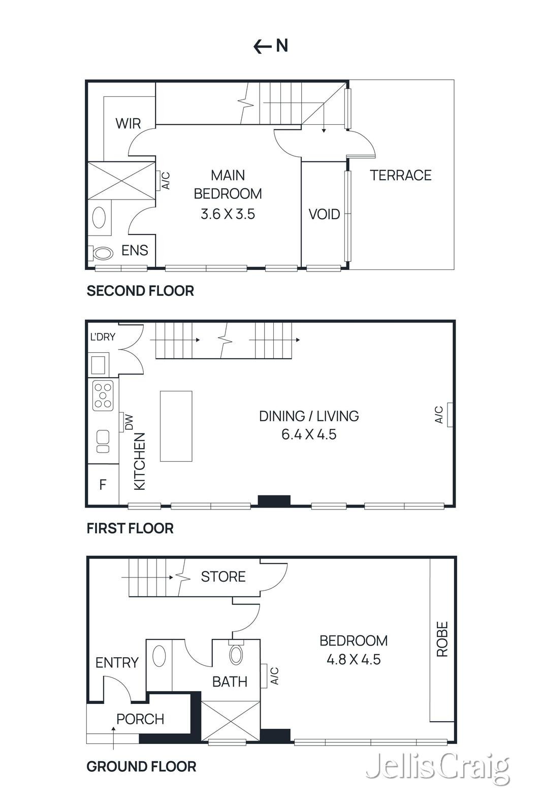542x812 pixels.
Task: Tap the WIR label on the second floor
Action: click(x=128, y=123)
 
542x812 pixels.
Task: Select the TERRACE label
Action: click(x=400, y=176)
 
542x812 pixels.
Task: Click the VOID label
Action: click(x=324, y=214)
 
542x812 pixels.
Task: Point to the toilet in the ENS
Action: click(x=102, y=253)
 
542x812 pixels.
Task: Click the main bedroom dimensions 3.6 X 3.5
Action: click(x=228, y=214)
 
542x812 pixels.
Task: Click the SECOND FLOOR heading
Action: click(x=140, y=291)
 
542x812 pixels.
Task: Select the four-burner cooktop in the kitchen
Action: click(x=103, y=395)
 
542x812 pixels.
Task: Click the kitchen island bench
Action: click(x=176, y=426)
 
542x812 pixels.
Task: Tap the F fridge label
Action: click(x=103, y=485)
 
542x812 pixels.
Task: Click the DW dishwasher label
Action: click(x=129, y=422)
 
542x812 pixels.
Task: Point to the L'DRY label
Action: click(x=103, y=337)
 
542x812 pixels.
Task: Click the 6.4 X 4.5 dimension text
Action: click(x=309, y=435)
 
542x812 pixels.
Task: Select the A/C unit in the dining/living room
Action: click(x=450, y=415)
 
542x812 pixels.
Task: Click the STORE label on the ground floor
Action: click(x=223, y=577)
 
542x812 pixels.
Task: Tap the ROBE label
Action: click(x=442, y=639)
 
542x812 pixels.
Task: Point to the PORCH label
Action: click(x=140, y=719)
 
